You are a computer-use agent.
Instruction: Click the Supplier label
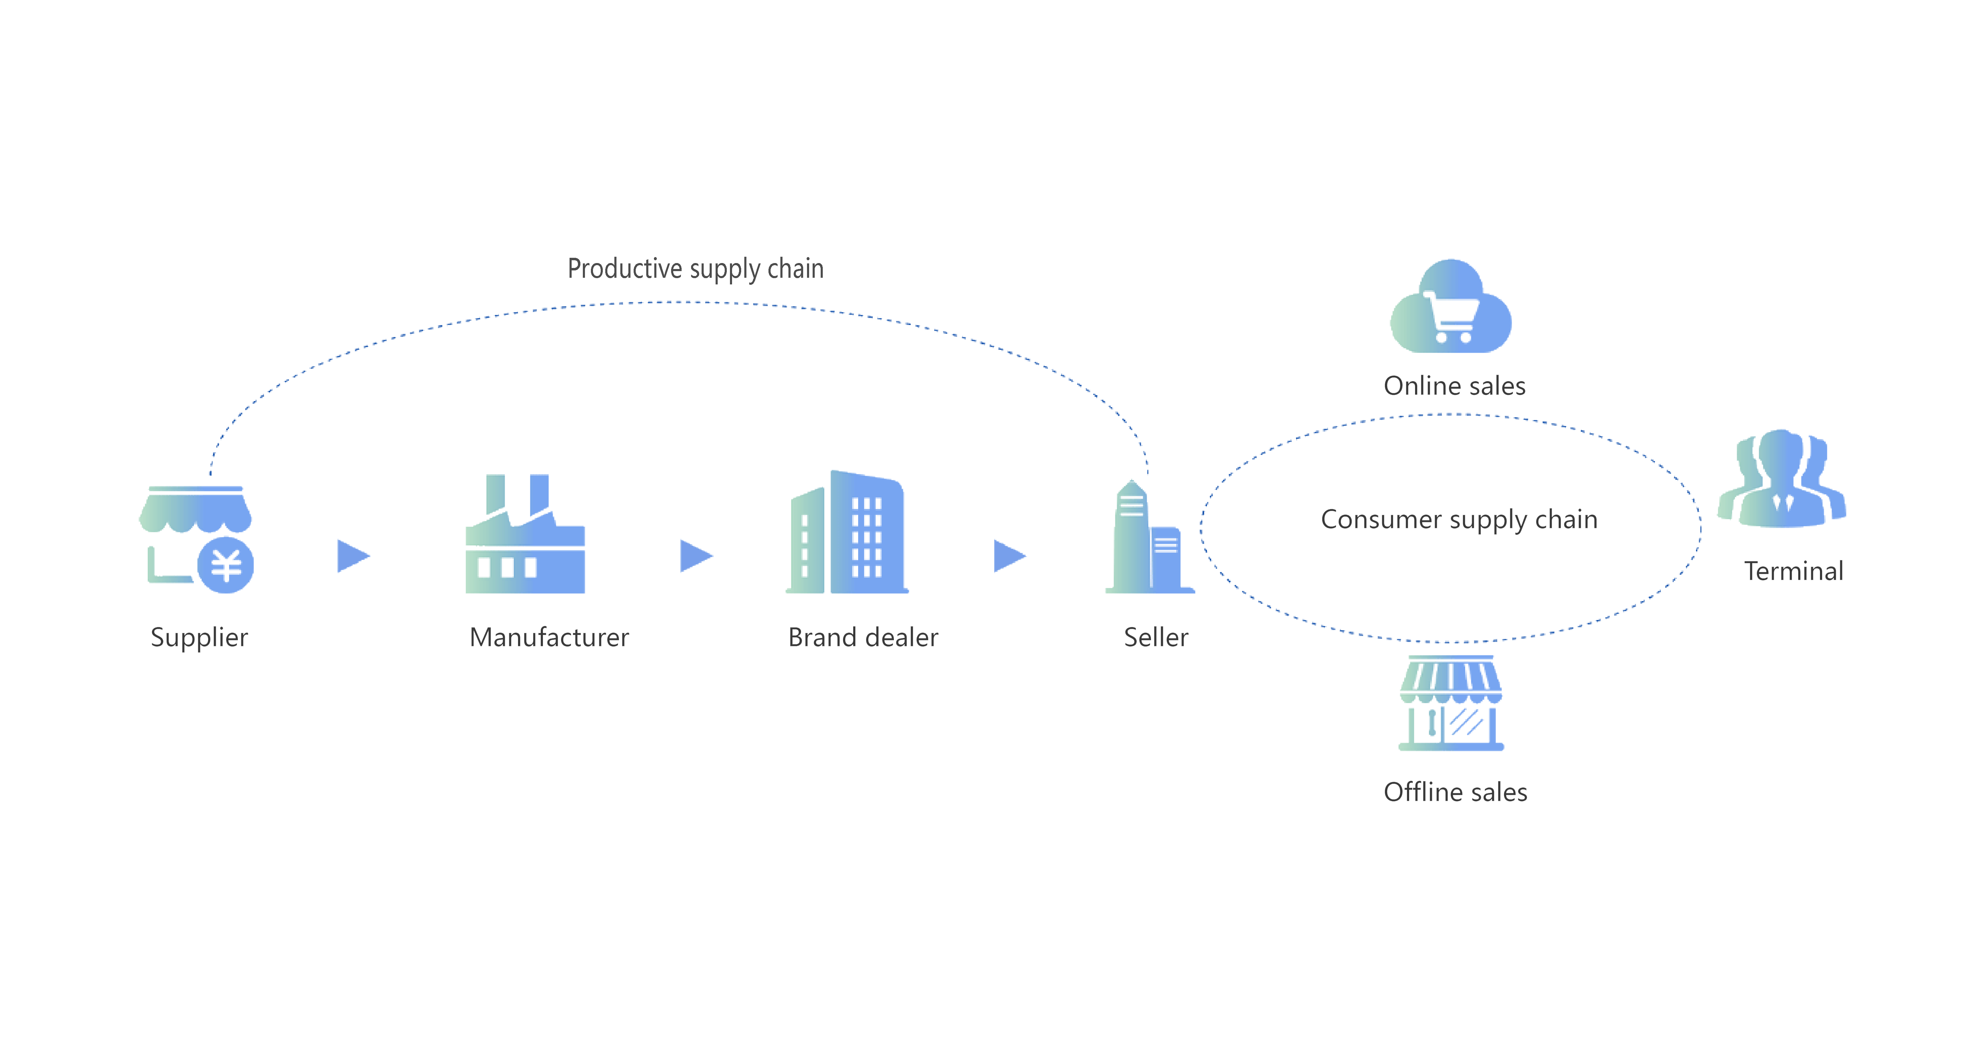click(199, 637)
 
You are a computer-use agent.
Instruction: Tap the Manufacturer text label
click(549, 637)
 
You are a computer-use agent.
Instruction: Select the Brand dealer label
click(863, 637)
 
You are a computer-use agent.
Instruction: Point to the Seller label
click(1156, 637)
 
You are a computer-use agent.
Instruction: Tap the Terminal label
click(1793, 571)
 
